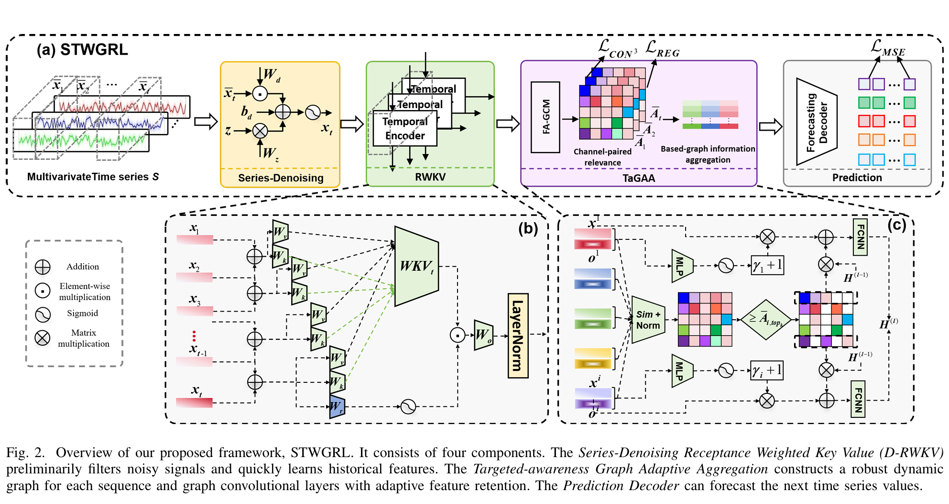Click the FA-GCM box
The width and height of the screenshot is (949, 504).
(545, 117)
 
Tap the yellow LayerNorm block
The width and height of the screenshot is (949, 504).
(518, 336)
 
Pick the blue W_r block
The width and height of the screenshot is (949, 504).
(337, 407)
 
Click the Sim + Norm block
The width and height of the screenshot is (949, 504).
(648, 320)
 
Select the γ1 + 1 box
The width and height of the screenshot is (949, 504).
(767, 265)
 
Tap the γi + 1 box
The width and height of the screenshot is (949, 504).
(766, 370)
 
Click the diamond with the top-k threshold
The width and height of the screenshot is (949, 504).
(765, 319)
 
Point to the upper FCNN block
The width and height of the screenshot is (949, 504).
(860, 237)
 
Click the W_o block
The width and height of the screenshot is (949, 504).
(483, 335)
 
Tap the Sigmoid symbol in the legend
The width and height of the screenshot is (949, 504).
(43, 314)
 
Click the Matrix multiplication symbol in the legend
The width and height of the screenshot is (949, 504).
(43, 338)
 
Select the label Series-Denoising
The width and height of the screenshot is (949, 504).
(281, 178)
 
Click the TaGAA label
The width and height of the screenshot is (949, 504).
(638, 179)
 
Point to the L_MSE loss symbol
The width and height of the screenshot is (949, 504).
(887, 48)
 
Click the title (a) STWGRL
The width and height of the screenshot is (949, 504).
(82, 50)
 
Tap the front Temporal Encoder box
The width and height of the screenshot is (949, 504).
(404, 128)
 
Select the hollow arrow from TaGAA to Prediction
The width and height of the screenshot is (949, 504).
(770, 127)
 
